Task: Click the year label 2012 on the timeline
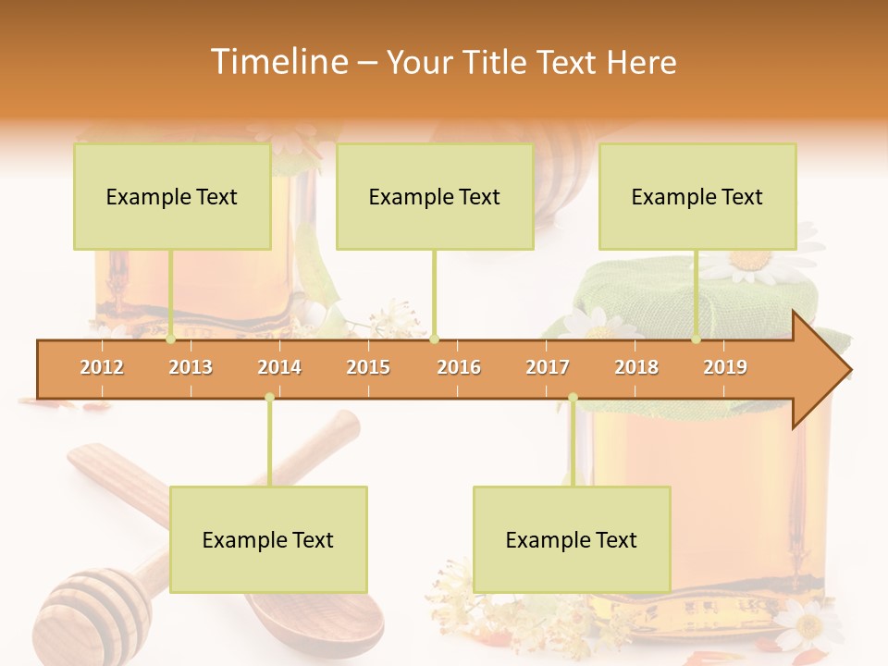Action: (102, 367)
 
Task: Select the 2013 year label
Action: (191, 367)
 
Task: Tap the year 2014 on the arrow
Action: (279, 367)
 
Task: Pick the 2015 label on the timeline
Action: (368, 367)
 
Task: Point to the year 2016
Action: (459, 367)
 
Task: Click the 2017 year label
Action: (548, 367)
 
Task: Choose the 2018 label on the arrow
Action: (636, 367)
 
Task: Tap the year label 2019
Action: (725, 367)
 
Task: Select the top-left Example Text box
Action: (172, 196)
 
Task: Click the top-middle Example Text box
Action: (435, 196)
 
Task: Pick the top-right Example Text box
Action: (697, 196)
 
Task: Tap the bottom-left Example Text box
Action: (268, 539)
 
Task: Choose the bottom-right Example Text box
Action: (572, 539)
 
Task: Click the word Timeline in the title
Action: (277, 62)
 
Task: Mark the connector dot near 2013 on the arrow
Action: (171, 339)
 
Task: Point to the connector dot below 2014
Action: (269, 398)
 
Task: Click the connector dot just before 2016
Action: (435, 339)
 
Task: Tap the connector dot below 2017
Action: (573, 398)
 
